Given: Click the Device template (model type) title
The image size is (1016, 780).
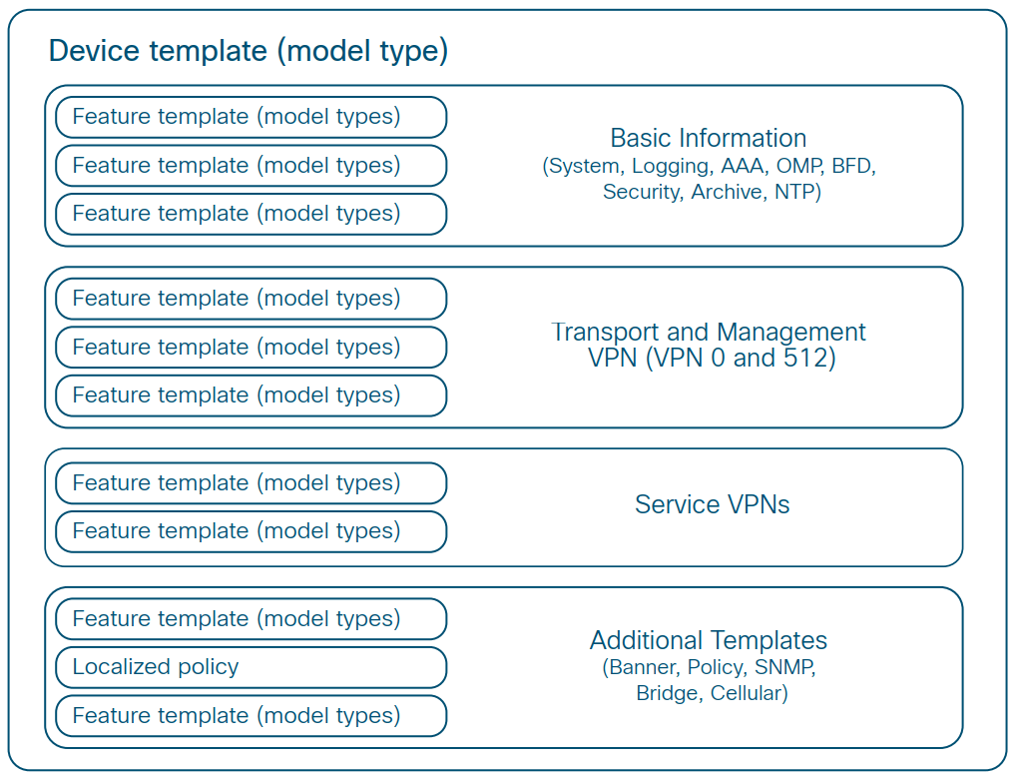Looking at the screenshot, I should coord(249,51).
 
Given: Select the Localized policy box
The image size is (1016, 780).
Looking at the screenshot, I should coord(251,667).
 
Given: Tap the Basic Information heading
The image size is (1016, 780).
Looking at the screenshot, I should coord(708,138).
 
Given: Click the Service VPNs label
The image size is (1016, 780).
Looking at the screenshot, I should coord(712,504).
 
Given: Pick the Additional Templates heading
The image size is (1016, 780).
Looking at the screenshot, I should coord(708,640).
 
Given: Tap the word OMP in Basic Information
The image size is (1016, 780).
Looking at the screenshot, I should coord(798,167).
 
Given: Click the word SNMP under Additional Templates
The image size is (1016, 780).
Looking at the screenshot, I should coord(784,667).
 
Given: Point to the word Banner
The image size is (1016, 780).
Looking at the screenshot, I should coord(641,667).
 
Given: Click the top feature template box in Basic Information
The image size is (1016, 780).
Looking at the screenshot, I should coord(251,117).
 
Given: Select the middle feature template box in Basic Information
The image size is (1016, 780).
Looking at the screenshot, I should coord(251,165).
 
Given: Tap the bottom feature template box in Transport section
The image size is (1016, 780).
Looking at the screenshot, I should coord(251,395).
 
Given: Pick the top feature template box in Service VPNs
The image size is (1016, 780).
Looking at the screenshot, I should coord(251,483).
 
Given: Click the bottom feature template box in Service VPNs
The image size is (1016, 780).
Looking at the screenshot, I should coord(251,531).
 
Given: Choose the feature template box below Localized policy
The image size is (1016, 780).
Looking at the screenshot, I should coord(251,715).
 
